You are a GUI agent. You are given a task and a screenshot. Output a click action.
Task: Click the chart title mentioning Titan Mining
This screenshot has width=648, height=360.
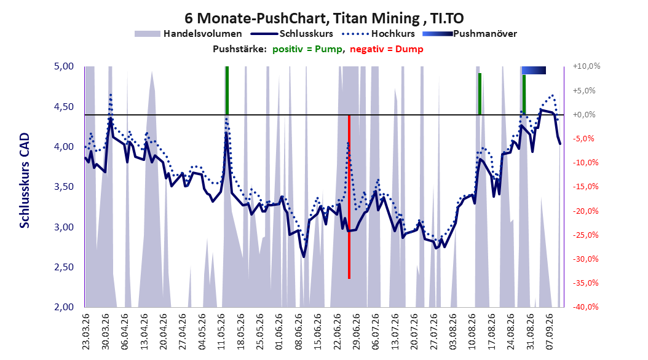coord(324,18)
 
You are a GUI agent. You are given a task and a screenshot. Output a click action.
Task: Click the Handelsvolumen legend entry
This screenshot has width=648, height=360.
coord(189,34)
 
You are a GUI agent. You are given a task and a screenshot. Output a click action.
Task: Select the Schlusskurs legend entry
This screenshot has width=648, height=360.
coord(292,34)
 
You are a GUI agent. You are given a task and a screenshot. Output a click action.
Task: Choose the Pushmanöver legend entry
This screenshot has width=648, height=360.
coord(470,34)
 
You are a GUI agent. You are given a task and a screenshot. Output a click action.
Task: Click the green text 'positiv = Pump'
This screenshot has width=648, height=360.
coord(307,49)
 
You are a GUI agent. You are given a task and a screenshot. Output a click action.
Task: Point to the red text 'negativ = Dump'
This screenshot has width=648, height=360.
coord(387,49)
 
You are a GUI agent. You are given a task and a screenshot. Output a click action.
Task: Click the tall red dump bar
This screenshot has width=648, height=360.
coord(349,197)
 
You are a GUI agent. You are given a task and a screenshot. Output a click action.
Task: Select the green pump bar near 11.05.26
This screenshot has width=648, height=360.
coord(227,90)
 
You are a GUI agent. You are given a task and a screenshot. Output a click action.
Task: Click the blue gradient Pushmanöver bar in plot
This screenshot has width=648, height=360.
coord(534,70)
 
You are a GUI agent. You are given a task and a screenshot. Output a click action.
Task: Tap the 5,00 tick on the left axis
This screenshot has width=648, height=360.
coord(64,66)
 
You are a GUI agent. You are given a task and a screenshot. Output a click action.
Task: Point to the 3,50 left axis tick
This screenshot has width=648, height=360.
coord(64,187)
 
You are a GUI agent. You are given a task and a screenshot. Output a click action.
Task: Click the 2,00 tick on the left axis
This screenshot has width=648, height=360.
coord(64,307)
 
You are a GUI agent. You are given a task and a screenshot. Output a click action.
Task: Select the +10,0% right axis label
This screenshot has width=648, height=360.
coord(587,66)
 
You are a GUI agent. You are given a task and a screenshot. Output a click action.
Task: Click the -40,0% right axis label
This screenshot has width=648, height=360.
coord(585,307)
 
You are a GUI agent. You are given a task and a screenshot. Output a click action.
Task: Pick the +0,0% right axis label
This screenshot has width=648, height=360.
coord(584,114)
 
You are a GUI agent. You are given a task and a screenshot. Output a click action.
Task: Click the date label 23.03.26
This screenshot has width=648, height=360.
coord(85,332)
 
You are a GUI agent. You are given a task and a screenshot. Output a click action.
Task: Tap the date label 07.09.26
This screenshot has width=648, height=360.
coord(550,332)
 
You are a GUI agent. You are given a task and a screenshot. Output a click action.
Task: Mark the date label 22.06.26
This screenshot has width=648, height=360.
coord(337,332)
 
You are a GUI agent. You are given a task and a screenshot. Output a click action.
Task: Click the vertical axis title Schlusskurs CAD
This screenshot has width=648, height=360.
coord(25,181)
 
